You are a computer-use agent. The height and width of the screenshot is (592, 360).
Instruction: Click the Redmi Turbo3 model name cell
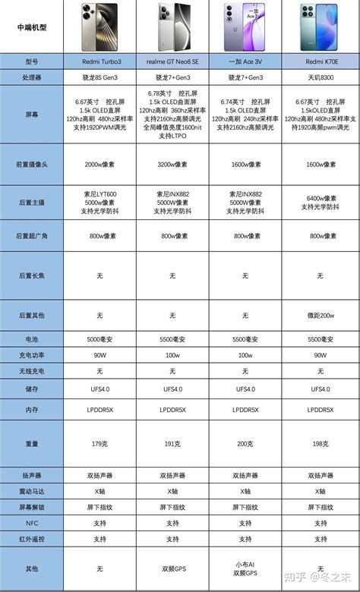(102, 61)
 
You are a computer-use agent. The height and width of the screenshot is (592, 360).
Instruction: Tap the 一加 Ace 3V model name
(245, 61)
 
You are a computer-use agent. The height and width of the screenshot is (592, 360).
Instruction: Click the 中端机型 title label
(31, 27)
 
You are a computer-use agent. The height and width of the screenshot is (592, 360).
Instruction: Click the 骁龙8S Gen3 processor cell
(102, 77)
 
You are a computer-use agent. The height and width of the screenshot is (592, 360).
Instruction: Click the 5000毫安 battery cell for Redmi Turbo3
(102, 339)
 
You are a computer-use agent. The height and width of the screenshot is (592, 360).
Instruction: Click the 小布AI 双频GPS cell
(245, 568)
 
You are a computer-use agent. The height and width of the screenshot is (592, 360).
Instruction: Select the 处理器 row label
(31, 77)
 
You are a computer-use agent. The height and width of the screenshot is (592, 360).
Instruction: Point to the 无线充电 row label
(31, 371)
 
